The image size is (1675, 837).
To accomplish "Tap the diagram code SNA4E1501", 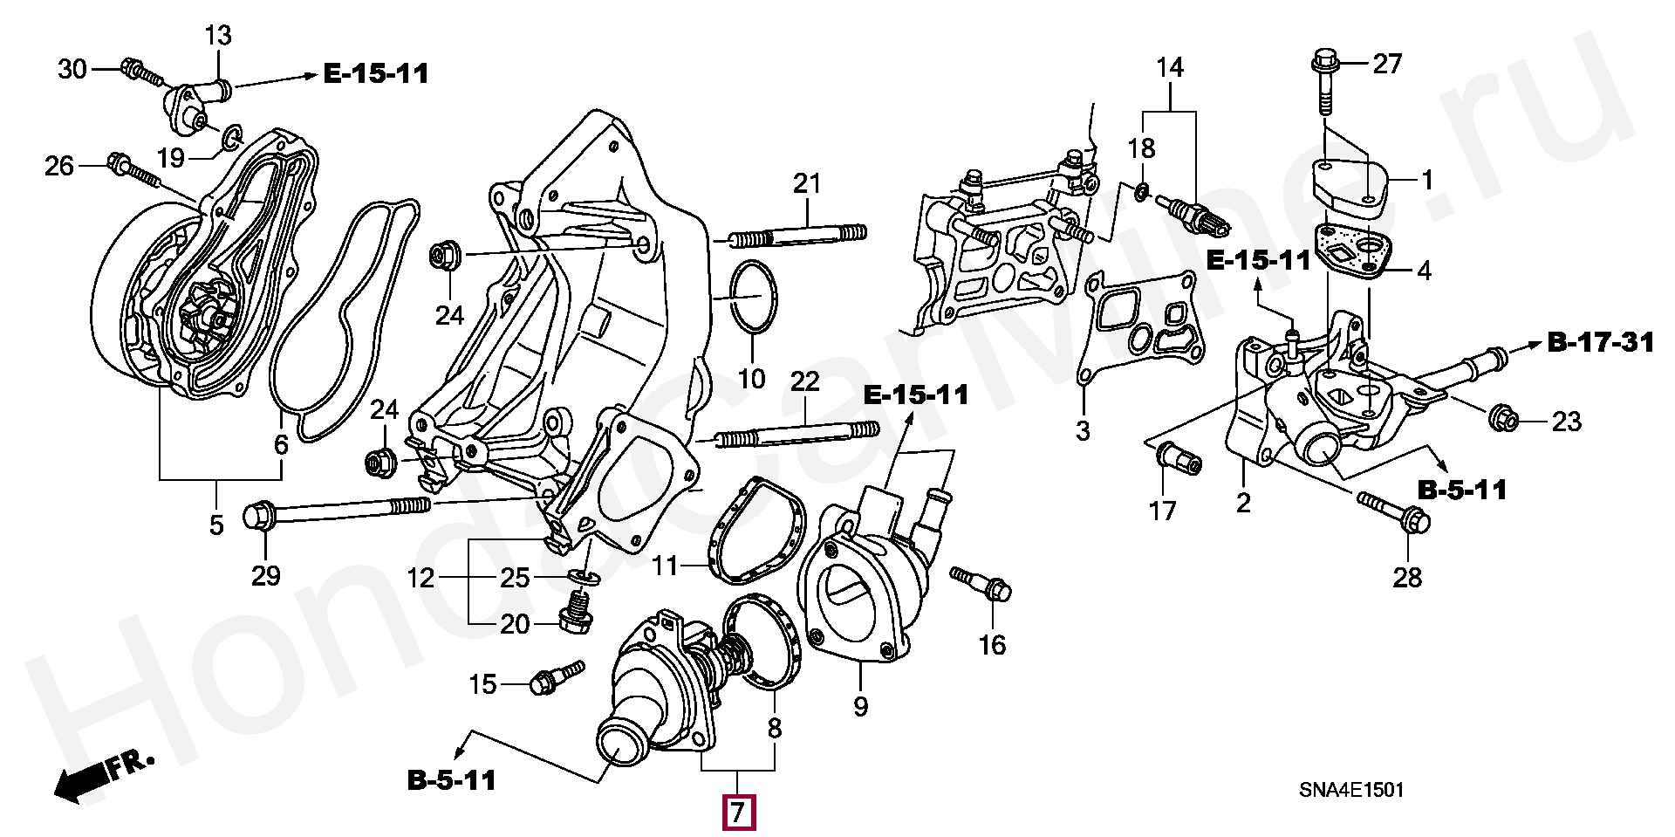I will click(1351, 790).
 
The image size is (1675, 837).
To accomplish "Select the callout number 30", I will click(72, 68).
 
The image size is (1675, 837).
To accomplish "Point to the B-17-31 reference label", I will click(1601, 343).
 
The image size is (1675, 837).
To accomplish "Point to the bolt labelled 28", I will click(1396, 511).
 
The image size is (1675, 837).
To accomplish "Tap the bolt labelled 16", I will click(981, 583).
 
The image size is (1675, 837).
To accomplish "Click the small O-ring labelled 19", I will click(231, 136).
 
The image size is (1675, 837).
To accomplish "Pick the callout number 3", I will click(1083, 430).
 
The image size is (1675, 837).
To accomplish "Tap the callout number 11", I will click(664, 566).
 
